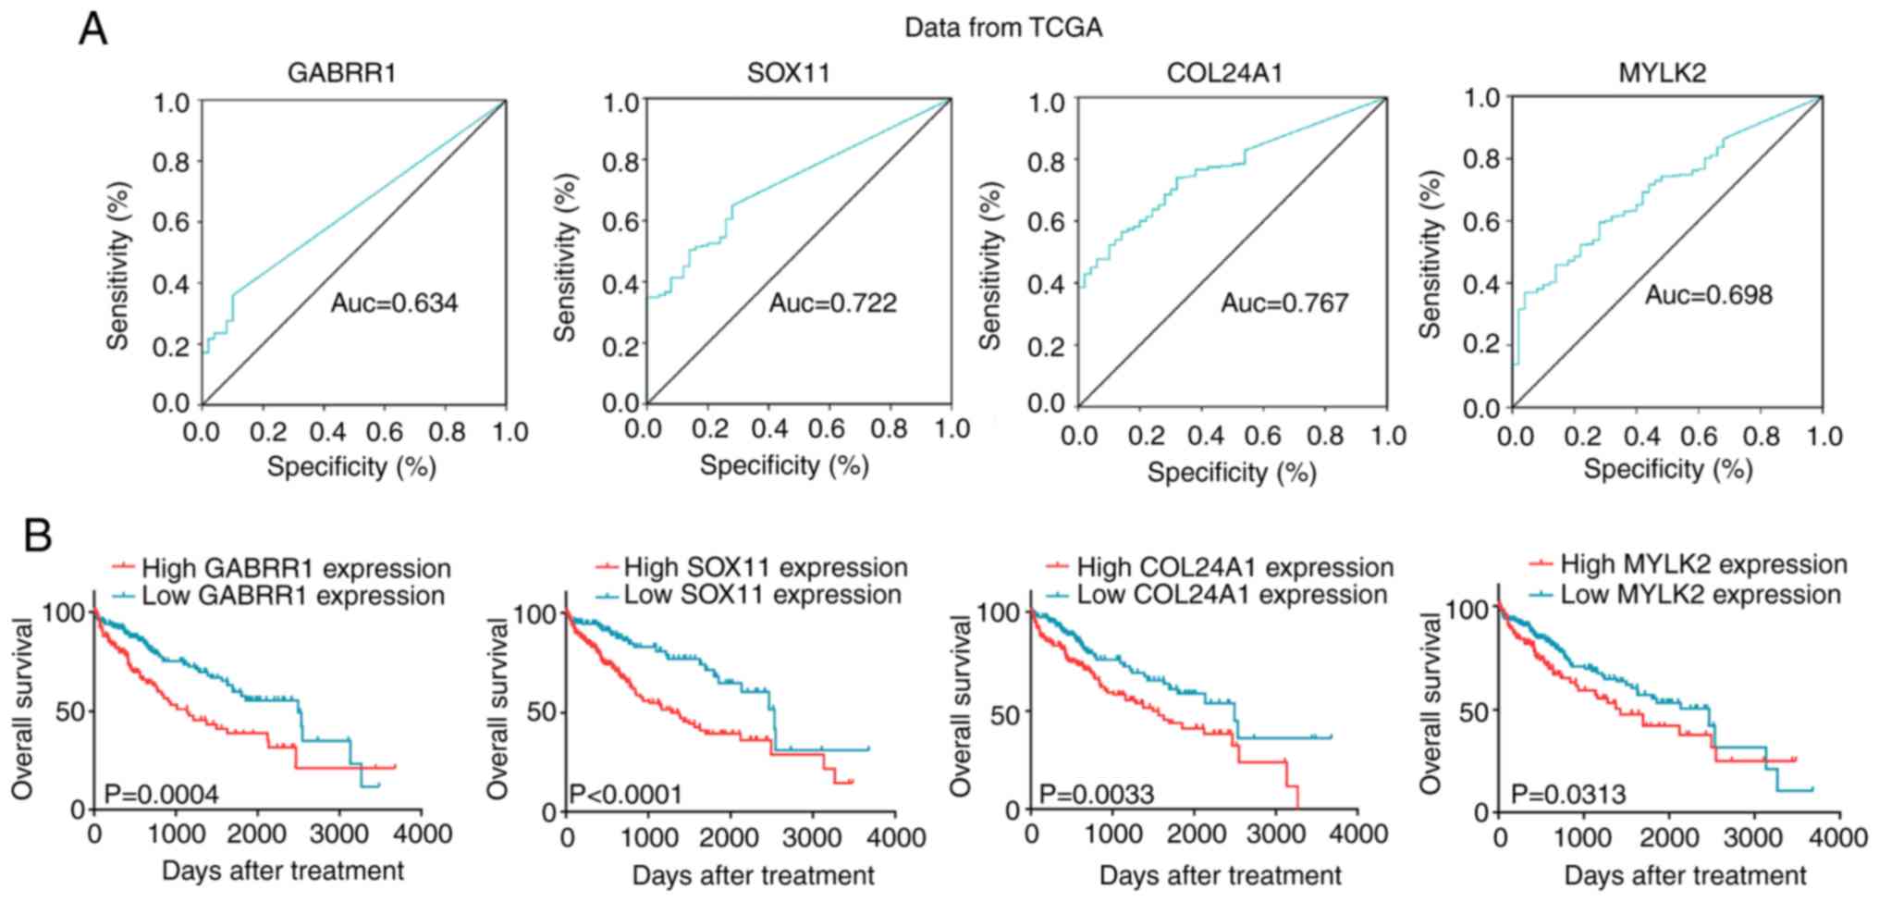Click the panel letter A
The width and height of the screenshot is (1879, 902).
tap(93, 31)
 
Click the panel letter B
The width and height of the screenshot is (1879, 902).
tap(37, 536)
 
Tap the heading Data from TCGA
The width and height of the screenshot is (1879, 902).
tap(1002, 28)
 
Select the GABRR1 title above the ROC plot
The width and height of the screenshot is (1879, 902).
tap(341, 73)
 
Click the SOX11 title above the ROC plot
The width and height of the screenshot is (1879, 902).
tap(788, 73)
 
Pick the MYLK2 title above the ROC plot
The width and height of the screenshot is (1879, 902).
tap(1662, 73)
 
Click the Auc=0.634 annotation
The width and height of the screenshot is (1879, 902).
tap(394, 303)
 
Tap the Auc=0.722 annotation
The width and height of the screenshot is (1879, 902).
tap(832, 303)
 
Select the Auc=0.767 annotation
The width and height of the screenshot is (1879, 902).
tap(1284, 303)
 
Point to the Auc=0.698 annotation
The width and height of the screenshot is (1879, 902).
tap(1709, 295)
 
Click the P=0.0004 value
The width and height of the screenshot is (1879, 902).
tap(161, 794)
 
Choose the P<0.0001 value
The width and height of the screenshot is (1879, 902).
tap(625, 794)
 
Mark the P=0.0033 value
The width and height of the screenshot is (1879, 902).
tap(1097, 794)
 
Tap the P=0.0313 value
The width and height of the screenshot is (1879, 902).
tap(1568, 794)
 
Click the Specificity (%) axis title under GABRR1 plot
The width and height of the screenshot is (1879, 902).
tap(351, 466)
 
